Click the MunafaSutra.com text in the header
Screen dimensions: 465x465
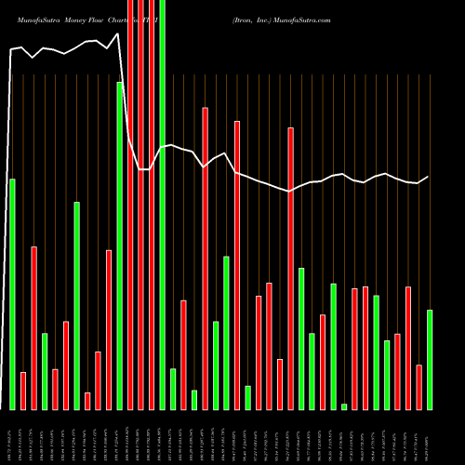point(299,19)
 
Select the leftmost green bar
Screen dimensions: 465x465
point(12,294)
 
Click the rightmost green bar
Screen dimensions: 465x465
point(430,359)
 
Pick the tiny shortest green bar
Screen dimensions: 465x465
point(344,406)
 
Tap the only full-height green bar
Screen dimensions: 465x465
point(163,205)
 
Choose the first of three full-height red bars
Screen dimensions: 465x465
point(130,205)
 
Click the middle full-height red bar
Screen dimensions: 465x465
point(141,205)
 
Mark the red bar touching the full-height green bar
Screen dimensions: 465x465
point(152,205)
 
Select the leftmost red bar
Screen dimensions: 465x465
point(23,391)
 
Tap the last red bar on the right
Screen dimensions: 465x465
point(418,387)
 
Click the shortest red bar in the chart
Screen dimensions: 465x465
point(87,401)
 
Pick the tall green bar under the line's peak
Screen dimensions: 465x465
point(120,246)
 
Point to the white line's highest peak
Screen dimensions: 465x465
point(118,34)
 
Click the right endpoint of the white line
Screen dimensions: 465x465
point(429,177)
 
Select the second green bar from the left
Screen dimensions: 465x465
point(45,371)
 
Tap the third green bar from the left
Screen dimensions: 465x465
point(77,305)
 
